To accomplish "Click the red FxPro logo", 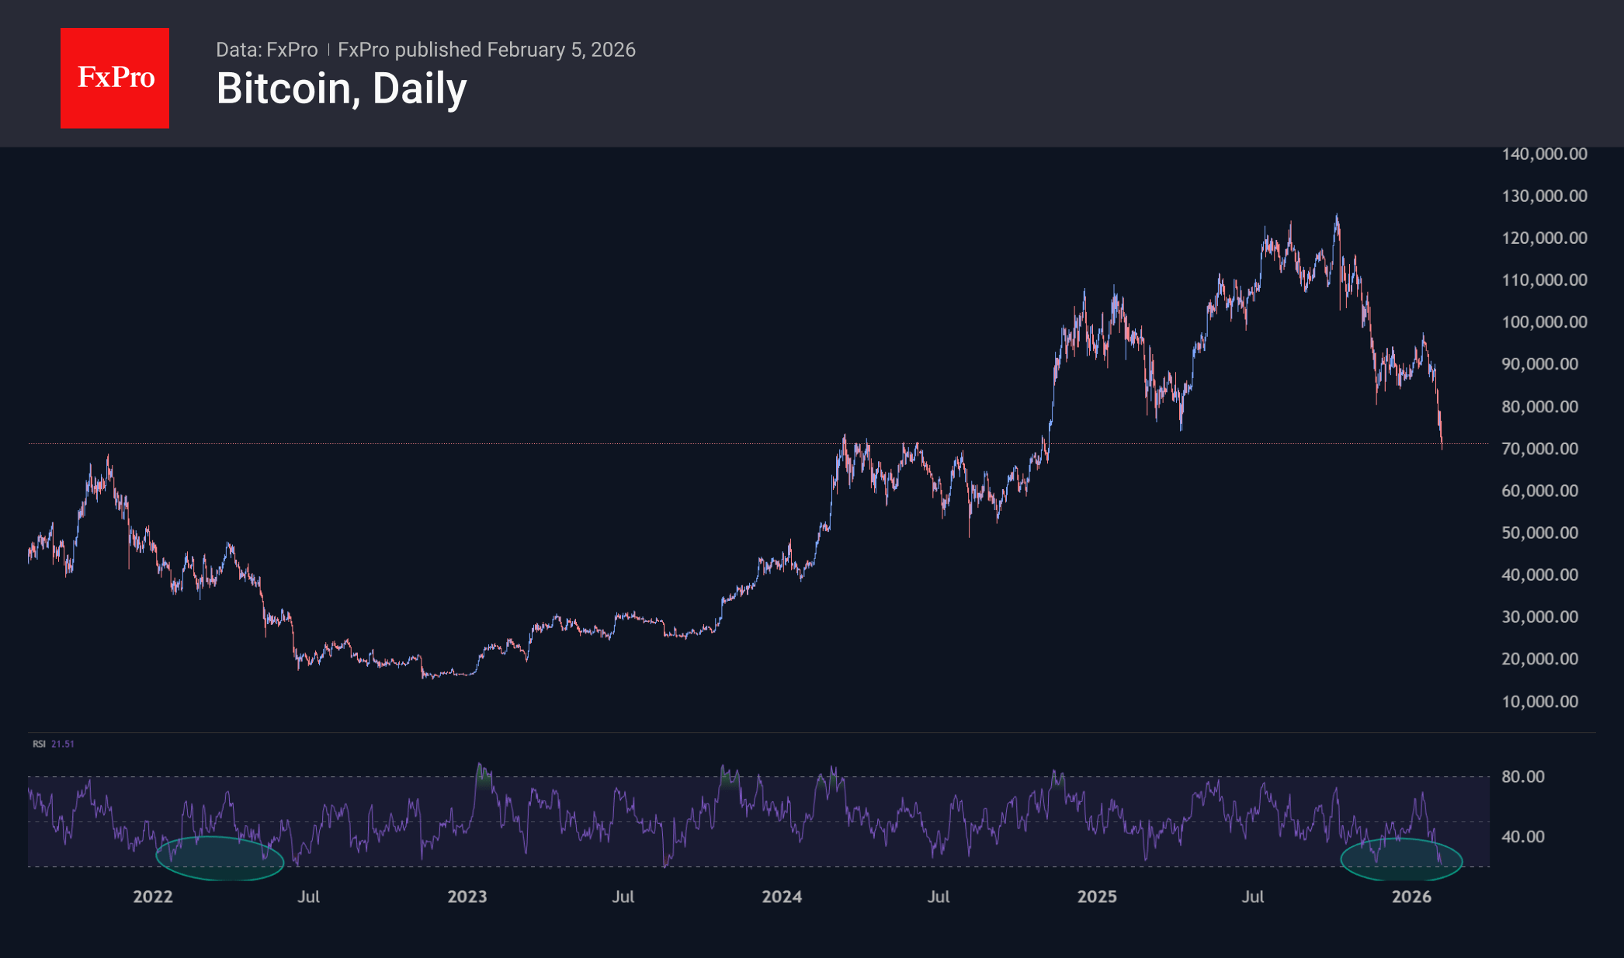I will tap(115, 78).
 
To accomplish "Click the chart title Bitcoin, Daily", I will tap(342, 89).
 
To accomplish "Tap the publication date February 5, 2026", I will tap(561, 50).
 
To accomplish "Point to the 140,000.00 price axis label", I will tap(1544, 154).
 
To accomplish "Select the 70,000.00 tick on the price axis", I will tap(1539, 449).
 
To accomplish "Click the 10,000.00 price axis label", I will tap(1539, 702).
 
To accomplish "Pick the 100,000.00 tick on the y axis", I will tap(1544, 322).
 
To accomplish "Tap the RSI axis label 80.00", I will tap(1522, 776).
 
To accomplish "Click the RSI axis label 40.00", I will tap(1522, 837).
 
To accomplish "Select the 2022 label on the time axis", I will tap(153, 897).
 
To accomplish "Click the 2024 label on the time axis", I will tap(782, 897).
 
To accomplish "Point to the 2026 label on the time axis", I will tap(1411, 897).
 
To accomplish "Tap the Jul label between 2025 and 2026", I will tap(1253, 897).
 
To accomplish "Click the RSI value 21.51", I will tap(63, 744).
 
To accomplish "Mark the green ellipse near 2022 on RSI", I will tap(220, 859).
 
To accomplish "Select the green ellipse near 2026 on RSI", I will tap(1401, 859).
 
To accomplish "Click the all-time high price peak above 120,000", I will tap(1337, 217).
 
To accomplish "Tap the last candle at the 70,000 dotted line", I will tap(1442, 443).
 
